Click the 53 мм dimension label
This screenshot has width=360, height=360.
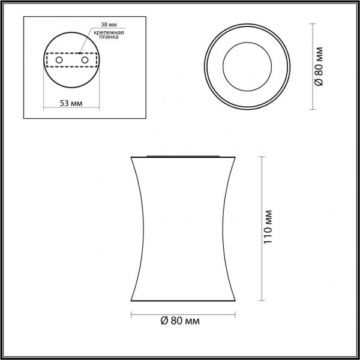pos(71,103)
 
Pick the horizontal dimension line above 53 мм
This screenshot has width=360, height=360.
pos(71,108)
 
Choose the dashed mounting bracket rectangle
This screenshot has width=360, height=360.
pos(71,53)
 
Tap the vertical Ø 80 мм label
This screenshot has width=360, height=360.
pos(319,67)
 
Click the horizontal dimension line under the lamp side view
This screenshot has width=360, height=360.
pos(183,314)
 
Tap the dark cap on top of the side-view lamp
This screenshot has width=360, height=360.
pos(183,155)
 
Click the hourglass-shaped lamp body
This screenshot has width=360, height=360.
pos(183,228)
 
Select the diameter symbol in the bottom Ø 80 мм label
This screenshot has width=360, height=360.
pos(163,322)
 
